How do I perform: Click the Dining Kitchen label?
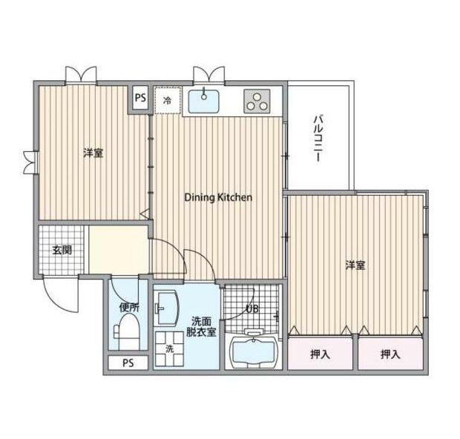[x=218, y=197]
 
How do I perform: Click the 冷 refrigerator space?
[x=167, y=100]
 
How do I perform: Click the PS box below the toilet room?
[x=128, y=363]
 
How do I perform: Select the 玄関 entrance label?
[x=62, y=250]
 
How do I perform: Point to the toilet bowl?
[x=129, y=331]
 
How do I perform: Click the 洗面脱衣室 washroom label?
[x=203, y=326]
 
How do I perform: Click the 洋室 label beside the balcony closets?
[x=355, y=265]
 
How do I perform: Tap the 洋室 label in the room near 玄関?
[x=93, y=153]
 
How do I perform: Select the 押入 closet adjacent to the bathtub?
[x=320, y=354]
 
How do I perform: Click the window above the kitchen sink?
[x=208, y=75]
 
